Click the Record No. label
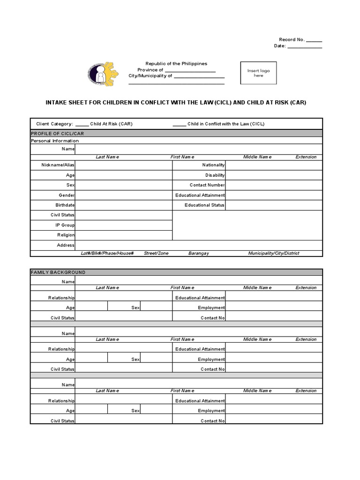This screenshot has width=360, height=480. (292, 40)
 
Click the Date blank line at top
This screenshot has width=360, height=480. (304, 46)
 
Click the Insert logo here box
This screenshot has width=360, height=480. (258, 73)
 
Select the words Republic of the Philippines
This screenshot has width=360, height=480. (176, 64)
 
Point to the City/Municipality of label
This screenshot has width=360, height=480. (150, 75)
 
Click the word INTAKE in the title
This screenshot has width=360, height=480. (55, 102)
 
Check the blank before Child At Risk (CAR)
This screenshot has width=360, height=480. (82, 124)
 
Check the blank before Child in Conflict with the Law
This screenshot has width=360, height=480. (179, 124)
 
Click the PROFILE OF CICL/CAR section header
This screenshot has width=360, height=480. (57, 134)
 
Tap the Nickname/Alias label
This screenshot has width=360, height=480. (58, 165)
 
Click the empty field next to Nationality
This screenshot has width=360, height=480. (274, 165)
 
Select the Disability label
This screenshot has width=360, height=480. (215, 175)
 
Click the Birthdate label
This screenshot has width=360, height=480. (65, 205)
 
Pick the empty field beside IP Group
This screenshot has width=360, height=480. (123, 225)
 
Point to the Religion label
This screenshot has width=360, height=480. (66, 235)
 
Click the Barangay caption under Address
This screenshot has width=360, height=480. (199, 253)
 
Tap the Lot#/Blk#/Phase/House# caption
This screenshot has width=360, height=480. (107, 253)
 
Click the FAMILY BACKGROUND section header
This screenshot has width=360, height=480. (58, 272)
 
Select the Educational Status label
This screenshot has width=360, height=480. (204, 205)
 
